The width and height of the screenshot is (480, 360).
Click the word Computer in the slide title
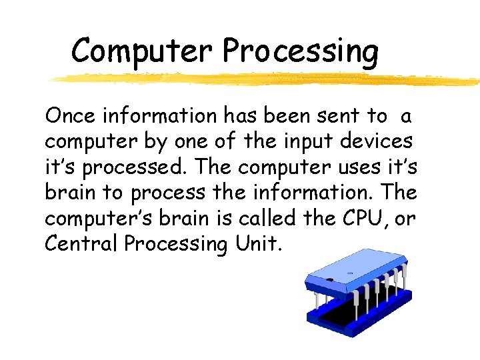pos(143,50)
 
